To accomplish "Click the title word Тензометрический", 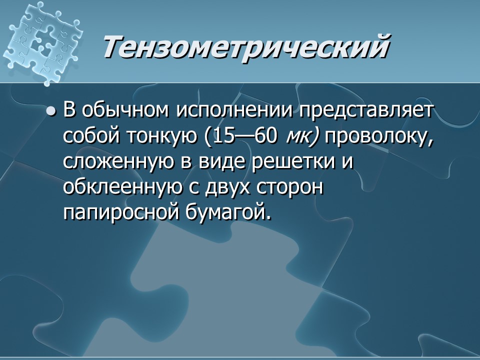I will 246,47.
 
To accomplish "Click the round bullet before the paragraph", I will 50,111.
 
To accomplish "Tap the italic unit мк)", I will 302,137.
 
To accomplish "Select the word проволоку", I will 380,137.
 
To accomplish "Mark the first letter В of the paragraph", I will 69,111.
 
